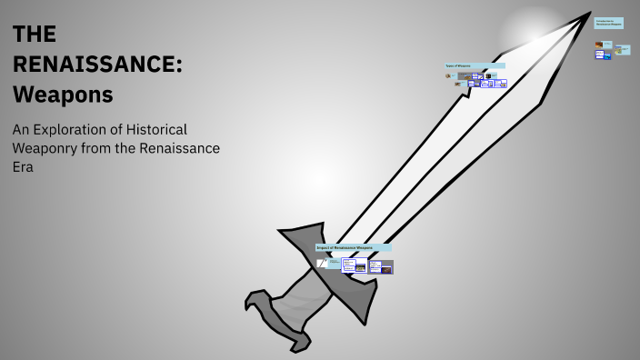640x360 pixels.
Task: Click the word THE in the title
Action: click(x=35, y=35)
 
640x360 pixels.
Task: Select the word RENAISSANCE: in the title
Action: click(x=97, y=64)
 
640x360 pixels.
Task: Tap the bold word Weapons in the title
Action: click(x=63, y=94)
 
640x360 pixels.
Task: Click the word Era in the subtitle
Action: click(x=24, y=167)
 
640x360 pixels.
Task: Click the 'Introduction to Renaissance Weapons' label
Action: click(x=608, y=23)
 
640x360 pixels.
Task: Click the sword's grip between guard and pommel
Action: click(x=295, y=305)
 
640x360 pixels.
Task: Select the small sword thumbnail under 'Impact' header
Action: click(x=321, y=263)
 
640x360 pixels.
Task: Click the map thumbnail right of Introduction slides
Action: click(x=618, y=51)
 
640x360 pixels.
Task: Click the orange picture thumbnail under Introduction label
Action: click(x=598, y=44)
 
